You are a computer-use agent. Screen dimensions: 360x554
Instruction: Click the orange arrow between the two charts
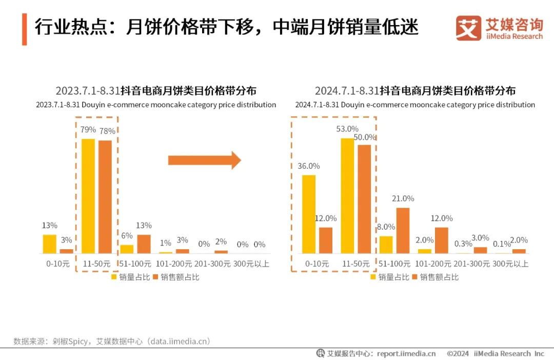(x=204, y=160)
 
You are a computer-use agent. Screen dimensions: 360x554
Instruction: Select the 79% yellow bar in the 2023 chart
(x=88, y=196)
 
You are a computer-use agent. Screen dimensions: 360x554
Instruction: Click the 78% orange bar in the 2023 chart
(x=105, y=197)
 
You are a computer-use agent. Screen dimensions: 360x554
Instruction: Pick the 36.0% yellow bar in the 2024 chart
(x=309, y=214)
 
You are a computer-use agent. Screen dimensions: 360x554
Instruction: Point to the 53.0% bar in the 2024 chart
(x=347, y=196)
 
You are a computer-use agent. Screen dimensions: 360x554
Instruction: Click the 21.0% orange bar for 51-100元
(x=403, y=230)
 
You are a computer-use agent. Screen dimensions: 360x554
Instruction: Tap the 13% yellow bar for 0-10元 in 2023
(x=49, y=244)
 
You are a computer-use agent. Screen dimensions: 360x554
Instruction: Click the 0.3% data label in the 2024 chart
(x=463, y=244)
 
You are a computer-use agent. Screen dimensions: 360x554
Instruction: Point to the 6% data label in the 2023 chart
(x=127, y=235)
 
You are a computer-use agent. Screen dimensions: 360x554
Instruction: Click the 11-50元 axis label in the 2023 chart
(x=96, y=264)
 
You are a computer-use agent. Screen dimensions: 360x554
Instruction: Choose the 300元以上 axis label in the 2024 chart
(x=511, y=264)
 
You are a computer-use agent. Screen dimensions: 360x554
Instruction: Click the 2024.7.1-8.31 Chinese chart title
(x=415, y=91)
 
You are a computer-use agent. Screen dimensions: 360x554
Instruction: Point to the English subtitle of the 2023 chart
(x=156, y=105)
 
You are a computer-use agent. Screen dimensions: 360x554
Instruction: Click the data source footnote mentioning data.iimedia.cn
(x=112, y=341)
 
